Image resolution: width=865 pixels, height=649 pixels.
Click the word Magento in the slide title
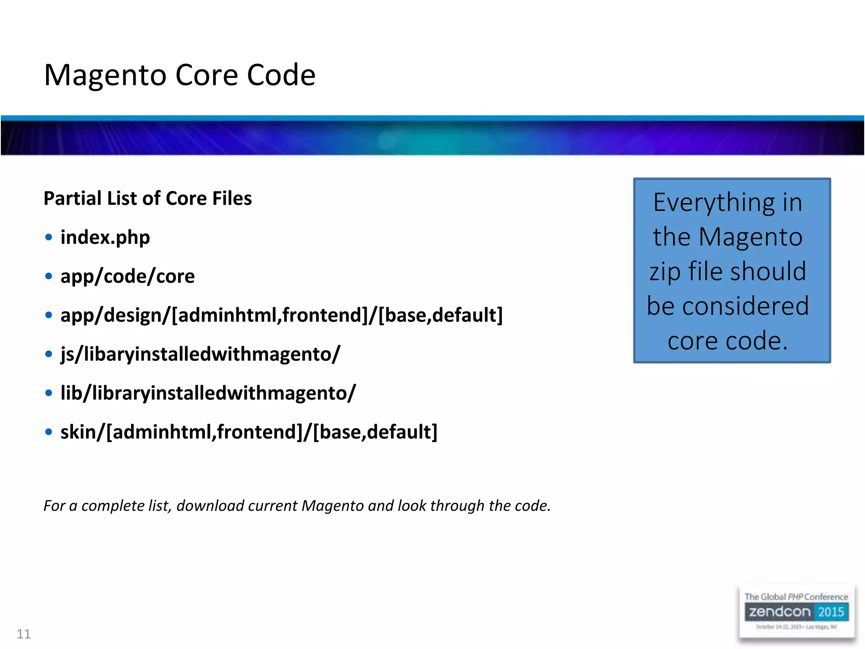106,75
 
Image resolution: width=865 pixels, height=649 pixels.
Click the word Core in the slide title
207,75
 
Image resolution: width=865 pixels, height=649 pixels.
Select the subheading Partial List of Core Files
148,198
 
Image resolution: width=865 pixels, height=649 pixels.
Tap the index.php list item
105,237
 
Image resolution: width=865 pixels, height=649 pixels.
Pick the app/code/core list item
128,276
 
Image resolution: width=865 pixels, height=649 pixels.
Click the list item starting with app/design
282,315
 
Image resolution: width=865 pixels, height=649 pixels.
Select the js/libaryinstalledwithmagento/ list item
200,354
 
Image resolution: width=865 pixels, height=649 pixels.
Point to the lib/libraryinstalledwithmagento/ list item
208,393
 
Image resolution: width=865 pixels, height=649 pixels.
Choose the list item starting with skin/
249,432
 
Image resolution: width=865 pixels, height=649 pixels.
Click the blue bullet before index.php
49,237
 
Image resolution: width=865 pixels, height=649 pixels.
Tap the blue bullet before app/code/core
49,276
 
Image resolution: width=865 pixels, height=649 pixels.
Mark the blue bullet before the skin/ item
49,432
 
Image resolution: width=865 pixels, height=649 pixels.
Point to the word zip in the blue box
665,271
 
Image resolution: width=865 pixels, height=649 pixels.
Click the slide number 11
24,634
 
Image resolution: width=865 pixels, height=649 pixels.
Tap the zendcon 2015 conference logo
796,613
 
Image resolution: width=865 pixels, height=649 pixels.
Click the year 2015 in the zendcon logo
831,612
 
